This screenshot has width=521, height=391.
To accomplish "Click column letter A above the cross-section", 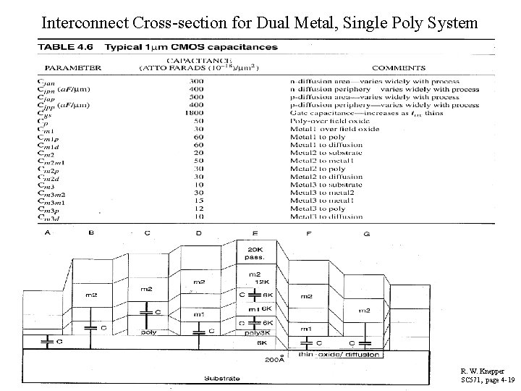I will [x=48, y=232].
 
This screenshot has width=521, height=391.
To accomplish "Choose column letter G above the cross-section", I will [x=368, y=234].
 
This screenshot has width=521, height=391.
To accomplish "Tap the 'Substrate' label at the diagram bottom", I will [x=218, y=377].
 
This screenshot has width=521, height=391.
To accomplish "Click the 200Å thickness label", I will [x=273, y=358].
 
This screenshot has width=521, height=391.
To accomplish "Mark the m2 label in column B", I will [x=91, y=295].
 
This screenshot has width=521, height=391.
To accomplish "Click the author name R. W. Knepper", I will [x=483, y=371].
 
